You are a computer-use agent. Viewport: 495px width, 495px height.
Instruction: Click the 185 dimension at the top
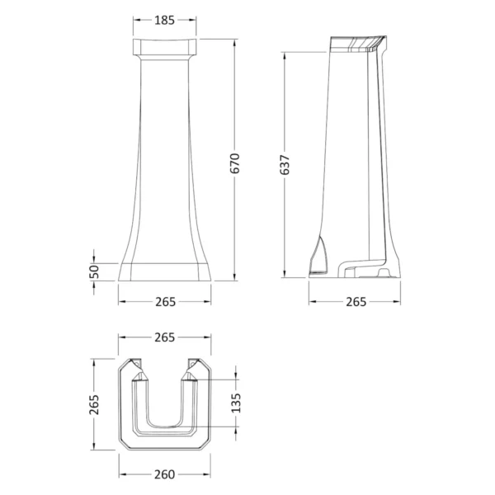[x=164, y=21]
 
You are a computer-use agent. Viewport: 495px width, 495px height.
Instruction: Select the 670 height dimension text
[x=234, y=163]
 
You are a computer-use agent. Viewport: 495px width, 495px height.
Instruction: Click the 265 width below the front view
[x=165, y=301]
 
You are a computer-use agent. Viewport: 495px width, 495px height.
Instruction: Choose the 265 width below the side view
[x=355, y=301]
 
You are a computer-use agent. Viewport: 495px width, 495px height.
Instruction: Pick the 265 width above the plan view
[x=165, y=337]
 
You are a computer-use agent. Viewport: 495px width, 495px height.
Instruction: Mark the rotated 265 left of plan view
[x=95, y=404]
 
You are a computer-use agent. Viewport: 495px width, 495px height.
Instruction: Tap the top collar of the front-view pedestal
[x=164, y=46]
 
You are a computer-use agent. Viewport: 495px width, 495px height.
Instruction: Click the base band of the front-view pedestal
[x=165, y=270]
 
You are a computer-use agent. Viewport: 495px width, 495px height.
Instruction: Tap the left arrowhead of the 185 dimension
[x=134, y=21]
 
